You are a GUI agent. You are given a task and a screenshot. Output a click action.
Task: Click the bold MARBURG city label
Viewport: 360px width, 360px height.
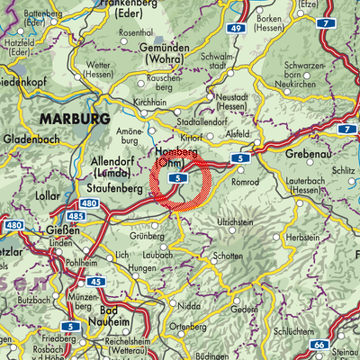tap(73, 118)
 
